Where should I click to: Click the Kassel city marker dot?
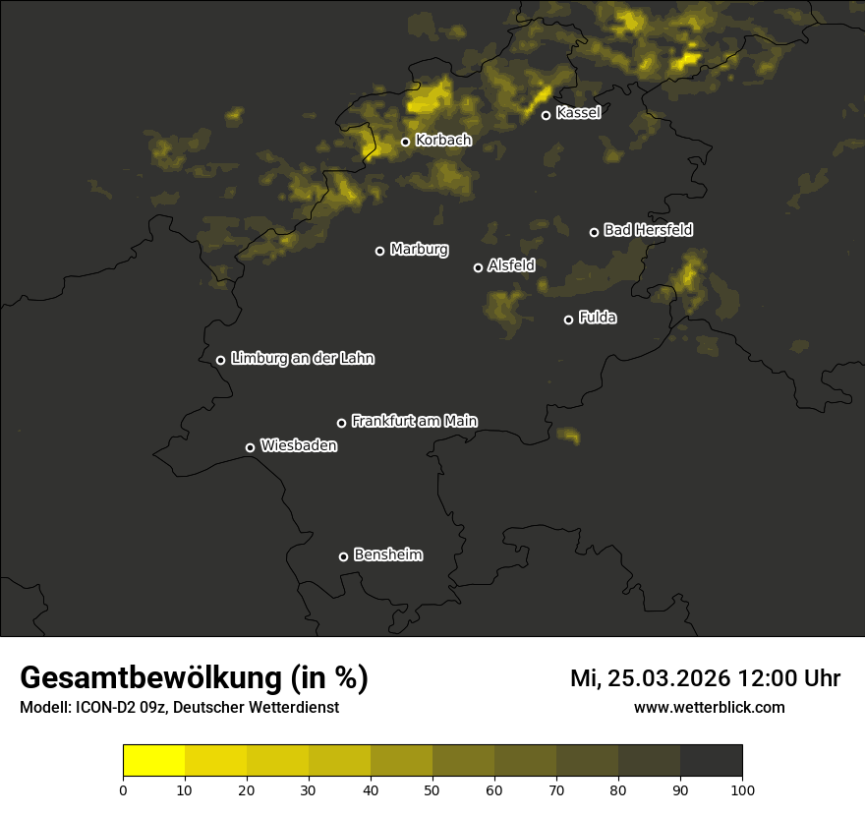[x=546, y=115]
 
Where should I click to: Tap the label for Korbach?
[x=443, y=141]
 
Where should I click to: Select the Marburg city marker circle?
[x=379, y=251]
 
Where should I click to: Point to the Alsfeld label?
[x=511, y=265]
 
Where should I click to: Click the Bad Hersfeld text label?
[x=648, y=230]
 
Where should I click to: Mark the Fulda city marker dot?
[x=568, y=320]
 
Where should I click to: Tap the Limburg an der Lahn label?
[x=302, y=359]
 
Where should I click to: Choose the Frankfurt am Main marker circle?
[x=341, y=423]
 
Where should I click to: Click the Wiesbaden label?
[x=299, y=446]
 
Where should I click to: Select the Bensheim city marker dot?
[x=343, y=556]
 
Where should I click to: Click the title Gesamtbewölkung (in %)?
[x=194, y=678]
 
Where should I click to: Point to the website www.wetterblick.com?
[x=709, y=707]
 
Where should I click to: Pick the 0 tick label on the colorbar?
[x=123, y=789]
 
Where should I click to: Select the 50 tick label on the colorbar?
[x=432, y=789]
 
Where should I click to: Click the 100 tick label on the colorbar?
[x=742, y=789]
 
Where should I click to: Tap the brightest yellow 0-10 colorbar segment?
[x=153, y=761]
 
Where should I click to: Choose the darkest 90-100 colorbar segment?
[x=711, y=761]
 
